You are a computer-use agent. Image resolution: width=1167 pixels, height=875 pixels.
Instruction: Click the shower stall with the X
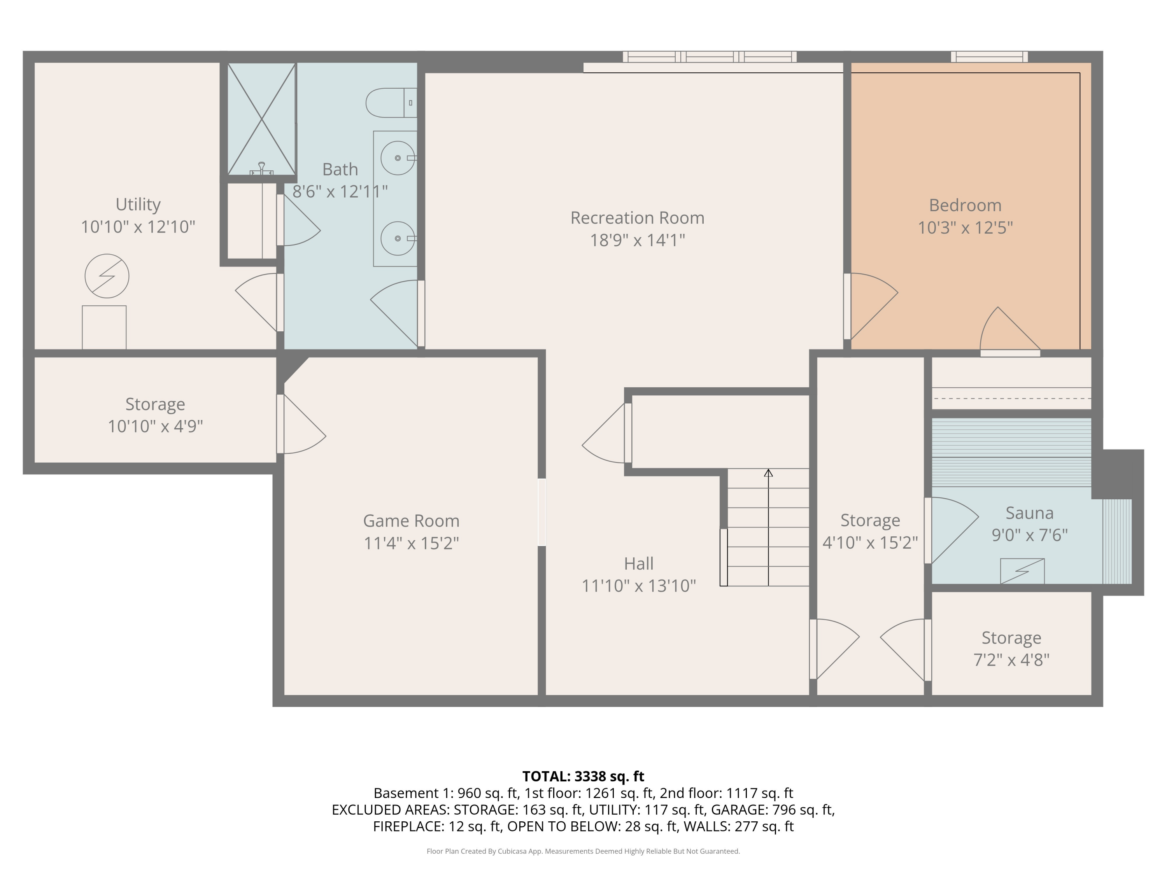coord(261,119)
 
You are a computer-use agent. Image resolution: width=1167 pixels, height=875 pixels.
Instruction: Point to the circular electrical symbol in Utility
coord(107,276)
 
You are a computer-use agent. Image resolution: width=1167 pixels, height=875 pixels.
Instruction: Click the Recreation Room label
coord(637,218)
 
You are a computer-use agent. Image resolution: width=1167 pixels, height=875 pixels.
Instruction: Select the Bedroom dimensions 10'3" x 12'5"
coord(965,228)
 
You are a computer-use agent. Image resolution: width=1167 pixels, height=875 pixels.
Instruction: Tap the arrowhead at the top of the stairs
coord(768,473)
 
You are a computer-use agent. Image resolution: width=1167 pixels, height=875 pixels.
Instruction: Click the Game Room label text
coord(411,521)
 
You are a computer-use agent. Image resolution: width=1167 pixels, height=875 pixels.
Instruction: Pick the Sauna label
coord(1029,513)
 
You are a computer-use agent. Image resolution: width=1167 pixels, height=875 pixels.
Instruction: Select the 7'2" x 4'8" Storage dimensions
coord(1011,660)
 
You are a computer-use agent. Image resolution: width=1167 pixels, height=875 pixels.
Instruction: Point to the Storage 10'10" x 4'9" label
coord(155,404)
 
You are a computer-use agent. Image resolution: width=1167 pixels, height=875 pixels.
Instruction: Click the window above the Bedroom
coord(989,57)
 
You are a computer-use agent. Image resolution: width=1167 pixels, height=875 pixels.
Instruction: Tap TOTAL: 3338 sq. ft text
coord(583,776)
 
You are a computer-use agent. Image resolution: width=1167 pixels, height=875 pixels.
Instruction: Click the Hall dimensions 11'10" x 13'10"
coord(638,586)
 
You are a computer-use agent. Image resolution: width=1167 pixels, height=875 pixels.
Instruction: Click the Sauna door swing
coord(952,527)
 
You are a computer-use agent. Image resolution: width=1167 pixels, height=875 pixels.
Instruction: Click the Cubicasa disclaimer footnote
coord(583,851)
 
